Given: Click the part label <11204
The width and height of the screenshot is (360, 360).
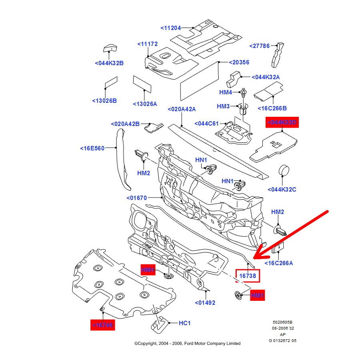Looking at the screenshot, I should pyautogui.click(x=171, y=28).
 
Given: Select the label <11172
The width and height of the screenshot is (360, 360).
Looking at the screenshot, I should pyautogui.click(x=148, y=44).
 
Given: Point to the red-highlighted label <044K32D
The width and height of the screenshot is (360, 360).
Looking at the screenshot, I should pyautogui.click(x=282, y=122).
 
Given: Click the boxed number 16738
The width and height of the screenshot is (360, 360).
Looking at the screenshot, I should pyautogui.click(x=248, y=276).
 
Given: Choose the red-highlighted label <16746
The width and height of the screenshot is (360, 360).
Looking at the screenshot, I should pyautogui.click(x=102, y=325).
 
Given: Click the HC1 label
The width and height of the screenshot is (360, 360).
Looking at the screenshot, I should pyautogui.click(x=184, y=322).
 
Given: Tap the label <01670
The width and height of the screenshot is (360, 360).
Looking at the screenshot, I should pyautogui.click(x=137, y=198).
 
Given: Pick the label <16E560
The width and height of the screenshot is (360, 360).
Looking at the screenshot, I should pyautogui.click(x=92, y=148).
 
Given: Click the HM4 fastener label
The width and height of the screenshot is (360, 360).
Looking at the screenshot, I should pyautogui.click(x=226, y=92).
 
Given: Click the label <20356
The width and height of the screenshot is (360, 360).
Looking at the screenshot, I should pyautogui.click(x=239, y=62).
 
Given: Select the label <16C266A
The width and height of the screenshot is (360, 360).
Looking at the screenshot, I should pyautogui.click(x=279, y=263).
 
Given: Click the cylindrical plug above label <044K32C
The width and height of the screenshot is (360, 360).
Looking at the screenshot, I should pyautogui.click(x=284, y=171).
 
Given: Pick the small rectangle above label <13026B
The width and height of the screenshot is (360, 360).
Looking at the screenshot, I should pyautogui.click(x=111, y=84).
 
